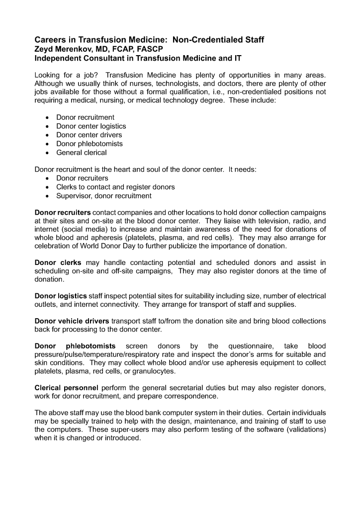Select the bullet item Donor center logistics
tap(91, 126)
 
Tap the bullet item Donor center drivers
tap(89, 135)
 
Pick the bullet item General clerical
tap(81, 153)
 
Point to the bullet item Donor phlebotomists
tap(90, 144)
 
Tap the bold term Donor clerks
tap(58, 262)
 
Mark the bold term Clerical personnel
tap(66, 387)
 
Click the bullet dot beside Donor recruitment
tap(47, 118)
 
